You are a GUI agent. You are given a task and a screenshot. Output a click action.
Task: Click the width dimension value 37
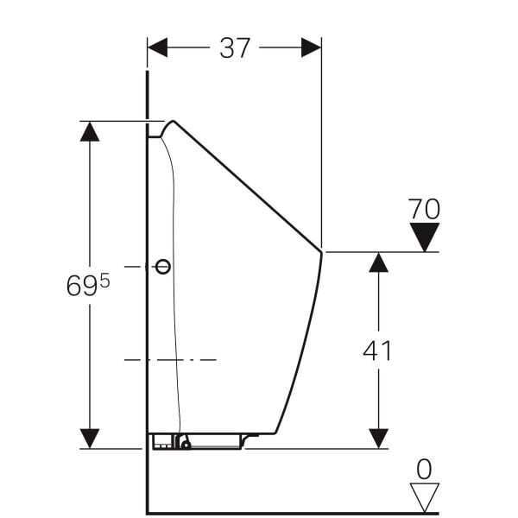234,48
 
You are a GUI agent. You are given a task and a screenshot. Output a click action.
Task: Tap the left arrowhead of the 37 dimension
157,48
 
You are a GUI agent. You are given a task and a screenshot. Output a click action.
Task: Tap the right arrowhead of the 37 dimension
311,48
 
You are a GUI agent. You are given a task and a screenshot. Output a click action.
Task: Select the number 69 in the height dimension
82,286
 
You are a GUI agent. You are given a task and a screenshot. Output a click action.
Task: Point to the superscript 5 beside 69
104,280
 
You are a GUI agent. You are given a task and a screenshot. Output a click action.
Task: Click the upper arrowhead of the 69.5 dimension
90,130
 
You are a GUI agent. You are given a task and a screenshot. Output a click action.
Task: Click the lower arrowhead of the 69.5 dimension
90,438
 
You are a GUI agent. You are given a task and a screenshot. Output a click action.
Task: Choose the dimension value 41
378,351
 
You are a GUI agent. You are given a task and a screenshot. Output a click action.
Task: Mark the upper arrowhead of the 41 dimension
378,262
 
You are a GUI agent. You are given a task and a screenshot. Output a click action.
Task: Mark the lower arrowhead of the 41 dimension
378,438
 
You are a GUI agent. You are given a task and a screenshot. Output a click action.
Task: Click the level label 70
424,209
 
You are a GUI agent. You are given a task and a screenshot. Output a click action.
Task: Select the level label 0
424,469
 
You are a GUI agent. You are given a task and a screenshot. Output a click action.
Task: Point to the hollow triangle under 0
424,496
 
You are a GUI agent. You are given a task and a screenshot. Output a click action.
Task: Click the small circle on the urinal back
162,267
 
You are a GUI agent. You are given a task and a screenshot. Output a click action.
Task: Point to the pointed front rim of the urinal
321,252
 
